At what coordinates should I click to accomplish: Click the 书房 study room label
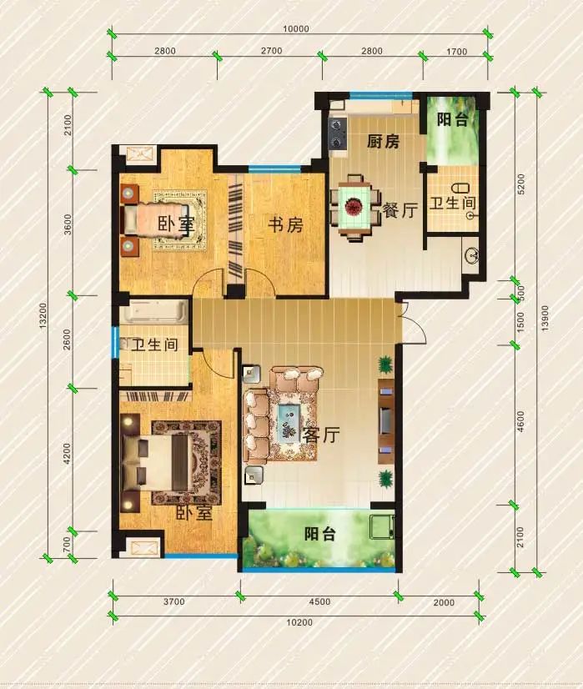click(285, 225)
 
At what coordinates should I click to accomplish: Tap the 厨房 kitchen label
click(383, 142)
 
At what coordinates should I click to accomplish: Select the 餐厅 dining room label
click(400, 210)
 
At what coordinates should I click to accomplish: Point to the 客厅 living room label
click(322, 435)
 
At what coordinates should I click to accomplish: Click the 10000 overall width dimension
click(296, 29)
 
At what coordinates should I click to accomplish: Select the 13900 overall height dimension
click(545, 318)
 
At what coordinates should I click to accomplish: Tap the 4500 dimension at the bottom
click(319, 601)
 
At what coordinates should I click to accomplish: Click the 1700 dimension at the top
click(456, 52)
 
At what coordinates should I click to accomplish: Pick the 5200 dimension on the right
click(520, 184)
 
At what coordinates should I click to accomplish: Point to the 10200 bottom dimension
click(299, 622)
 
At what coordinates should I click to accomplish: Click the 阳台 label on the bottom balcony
click(319, 534)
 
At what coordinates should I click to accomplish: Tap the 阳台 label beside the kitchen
click(452, 119)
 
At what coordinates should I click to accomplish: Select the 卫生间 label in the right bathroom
click(453, 203)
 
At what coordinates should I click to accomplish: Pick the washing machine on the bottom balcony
click(382, 527)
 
